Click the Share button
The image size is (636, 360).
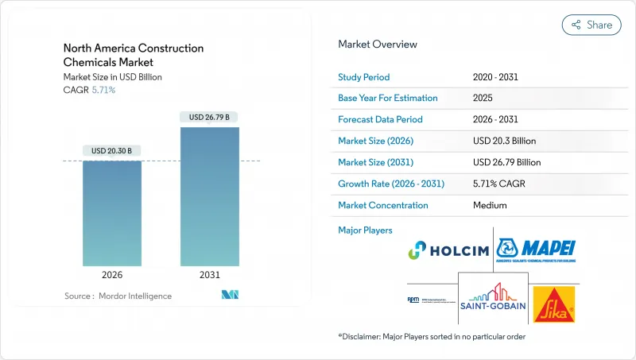pyautogui.click(x=591, y=25)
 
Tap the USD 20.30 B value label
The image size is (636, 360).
pyautogui.click(x=112, y=151)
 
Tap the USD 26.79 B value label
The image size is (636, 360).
pyautogui.click(x=209, y=117)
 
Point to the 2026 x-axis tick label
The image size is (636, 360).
pyautogui.click(x=112, y=276)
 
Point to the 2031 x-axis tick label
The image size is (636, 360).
pyautogui.click(x=209, y=276)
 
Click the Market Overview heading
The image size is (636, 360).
pyautogui.click(x=378, y=45)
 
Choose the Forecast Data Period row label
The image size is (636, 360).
pyautogui.click(x=381, y=120)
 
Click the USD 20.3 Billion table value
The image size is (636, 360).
pyautogui.click(x=504, y=141)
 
